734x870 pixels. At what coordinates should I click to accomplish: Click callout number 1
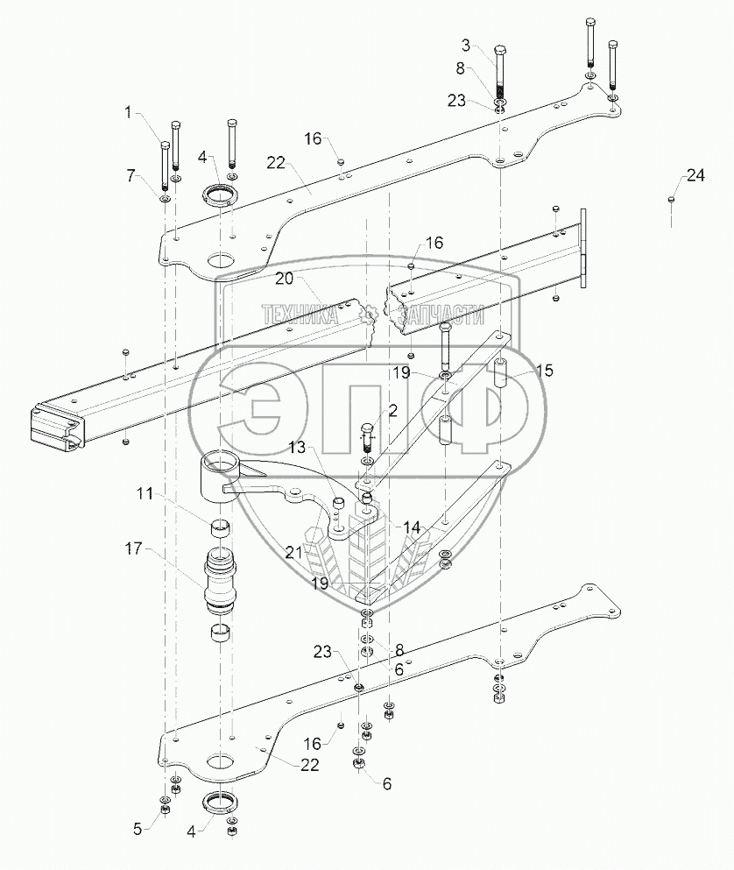pyautogui.click(x=129, y=113)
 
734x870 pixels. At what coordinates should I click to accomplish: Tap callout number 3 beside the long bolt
pyautogui.click(x=466, y=46)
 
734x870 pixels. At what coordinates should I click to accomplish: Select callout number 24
pyautogui.click(x=695, y=175)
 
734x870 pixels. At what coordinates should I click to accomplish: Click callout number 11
pyautogui.click(x=145, y=492)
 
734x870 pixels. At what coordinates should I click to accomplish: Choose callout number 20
pyautogui.click(x=284, y=278)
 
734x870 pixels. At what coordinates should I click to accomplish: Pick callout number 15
pyautogui.click(x=545, y=370)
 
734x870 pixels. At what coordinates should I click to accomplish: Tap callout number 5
pyautogui.click(x=138, y=829)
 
